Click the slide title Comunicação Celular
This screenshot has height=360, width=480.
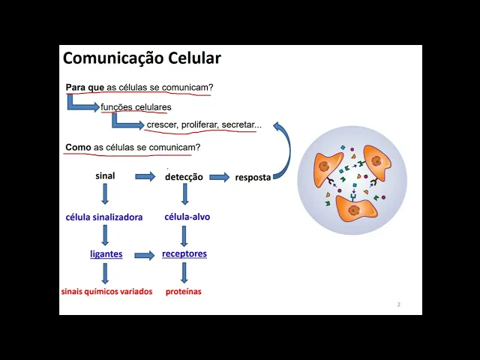(142, 58)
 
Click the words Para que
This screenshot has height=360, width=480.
(85, 88)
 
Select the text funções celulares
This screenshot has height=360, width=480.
(136, 107)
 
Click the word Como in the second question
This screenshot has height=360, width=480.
(78, 148)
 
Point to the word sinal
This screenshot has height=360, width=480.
(105, 176)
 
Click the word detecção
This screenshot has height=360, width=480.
(184, 177)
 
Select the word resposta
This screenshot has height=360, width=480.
(253, 178)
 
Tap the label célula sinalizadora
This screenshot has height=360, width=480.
(104, 217)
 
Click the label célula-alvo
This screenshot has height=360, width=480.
(187, 217)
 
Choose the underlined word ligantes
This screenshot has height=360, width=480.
(106, 254)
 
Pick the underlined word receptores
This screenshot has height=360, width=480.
(184, 254)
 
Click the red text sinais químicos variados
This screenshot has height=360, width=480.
(106, 291)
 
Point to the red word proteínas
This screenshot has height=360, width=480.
(184, 291)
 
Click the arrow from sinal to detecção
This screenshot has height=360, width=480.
(145, 177)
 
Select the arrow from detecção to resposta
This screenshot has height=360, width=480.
(219, 178)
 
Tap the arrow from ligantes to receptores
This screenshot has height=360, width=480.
(144, 255)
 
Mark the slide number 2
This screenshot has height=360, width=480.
(399, 304)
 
